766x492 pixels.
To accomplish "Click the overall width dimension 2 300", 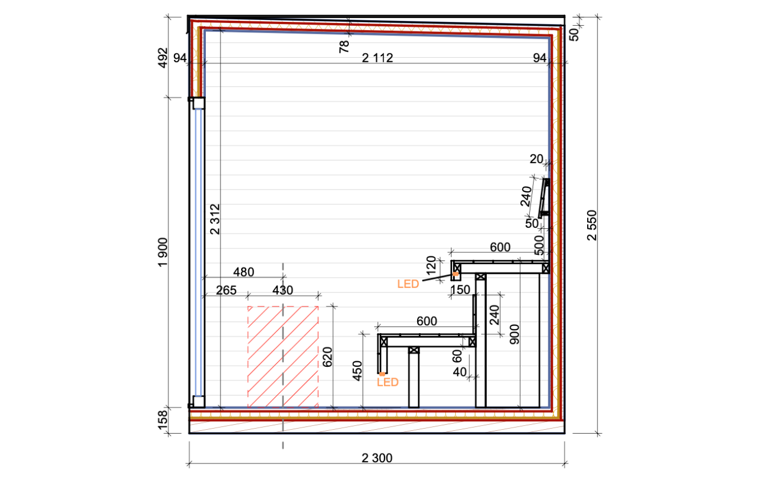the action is [x=377, y=458].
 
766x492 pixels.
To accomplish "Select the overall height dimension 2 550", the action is [x=592, y=225].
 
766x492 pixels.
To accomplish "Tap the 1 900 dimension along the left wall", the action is [x=163, y=252].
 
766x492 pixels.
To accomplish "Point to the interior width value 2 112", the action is [x=377, y=58].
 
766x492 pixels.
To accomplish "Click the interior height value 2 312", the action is [x=215, y=219].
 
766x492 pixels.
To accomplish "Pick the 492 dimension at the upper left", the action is [x=163, y=58].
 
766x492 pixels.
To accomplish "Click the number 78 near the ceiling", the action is [x=344, y=47].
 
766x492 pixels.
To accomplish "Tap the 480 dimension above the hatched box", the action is [x=243, y=272].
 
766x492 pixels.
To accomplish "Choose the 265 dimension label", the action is [x=226, y=290].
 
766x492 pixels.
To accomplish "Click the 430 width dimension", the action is [x=283, y=290].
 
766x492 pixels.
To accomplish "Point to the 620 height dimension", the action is [x=327, y=357].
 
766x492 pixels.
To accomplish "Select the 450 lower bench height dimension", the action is [x=357, y=371].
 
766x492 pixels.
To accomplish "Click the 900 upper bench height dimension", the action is [x=514, y=334].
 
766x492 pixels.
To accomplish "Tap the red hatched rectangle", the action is [x=283, y=357].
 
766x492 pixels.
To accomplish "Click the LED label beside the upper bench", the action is [x=408, y=284].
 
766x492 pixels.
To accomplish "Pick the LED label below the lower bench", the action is [x=387, y=382].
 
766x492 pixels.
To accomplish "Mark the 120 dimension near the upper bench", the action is [x=431, y=265].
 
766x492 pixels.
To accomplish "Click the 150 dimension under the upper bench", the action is [x=460, y=290].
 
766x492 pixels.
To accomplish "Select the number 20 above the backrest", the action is [x=536, y=159].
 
